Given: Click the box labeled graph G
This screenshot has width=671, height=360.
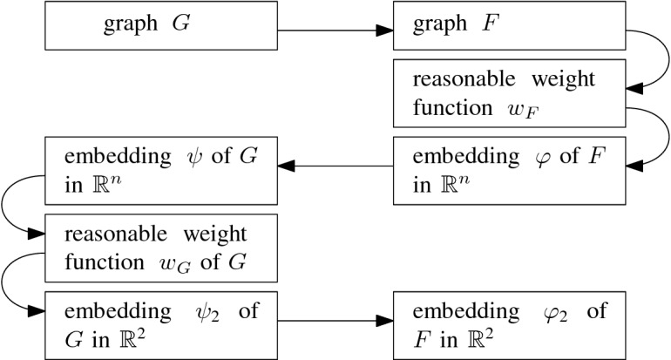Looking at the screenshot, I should click(160, 31).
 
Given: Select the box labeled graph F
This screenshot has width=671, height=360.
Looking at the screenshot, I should click(510, 31).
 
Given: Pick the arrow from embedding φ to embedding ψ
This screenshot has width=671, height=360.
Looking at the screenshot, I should click(335, 166).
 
